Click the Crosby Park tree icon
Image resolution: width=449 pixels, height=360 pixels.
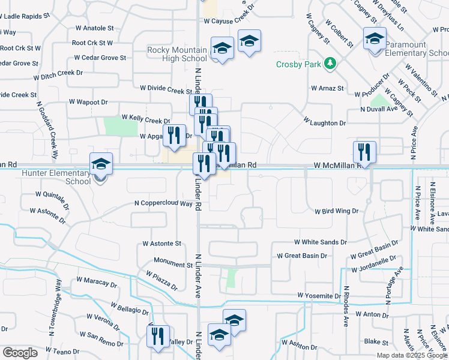tap(329, 63)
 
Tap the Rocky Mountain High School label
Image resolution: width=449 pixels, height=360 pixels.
tap(177, 54)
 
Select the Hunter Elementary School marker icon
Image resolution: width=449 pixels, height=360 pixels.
tap(101, 163)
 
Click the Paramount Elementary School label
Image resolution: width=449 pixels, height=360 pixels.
tap(414, 49)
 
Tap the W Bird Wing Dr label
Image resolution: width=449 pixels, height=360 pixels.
tap(336, 211)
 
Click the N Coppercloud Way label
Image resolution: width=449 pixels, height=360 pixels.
tap(163, 203)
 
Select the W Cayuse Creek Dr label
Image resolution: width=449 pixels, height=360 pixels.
tap(229, 20)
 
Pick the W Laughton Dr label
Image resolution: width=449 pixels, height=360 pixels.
tap(325, 122)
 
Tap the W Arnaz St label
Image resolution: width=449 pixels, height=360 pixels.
tap(327, 88)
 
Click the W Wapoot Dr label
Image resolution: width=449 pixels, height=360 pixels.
tap(89, 102)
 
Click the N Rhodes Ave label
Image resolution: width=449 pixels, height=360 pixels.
tap(346, 306)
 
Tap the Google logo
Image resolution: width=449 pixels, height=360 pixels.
tap(20, 353)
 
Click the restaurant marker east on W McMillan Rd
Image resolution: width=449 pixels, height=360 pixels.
tap(364, 152)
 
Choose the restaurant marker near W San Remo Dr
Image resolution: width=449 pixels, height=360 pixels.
tap(159, 337)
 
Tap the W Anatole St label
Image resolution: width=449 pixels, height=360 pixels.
tap(95, 28)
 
